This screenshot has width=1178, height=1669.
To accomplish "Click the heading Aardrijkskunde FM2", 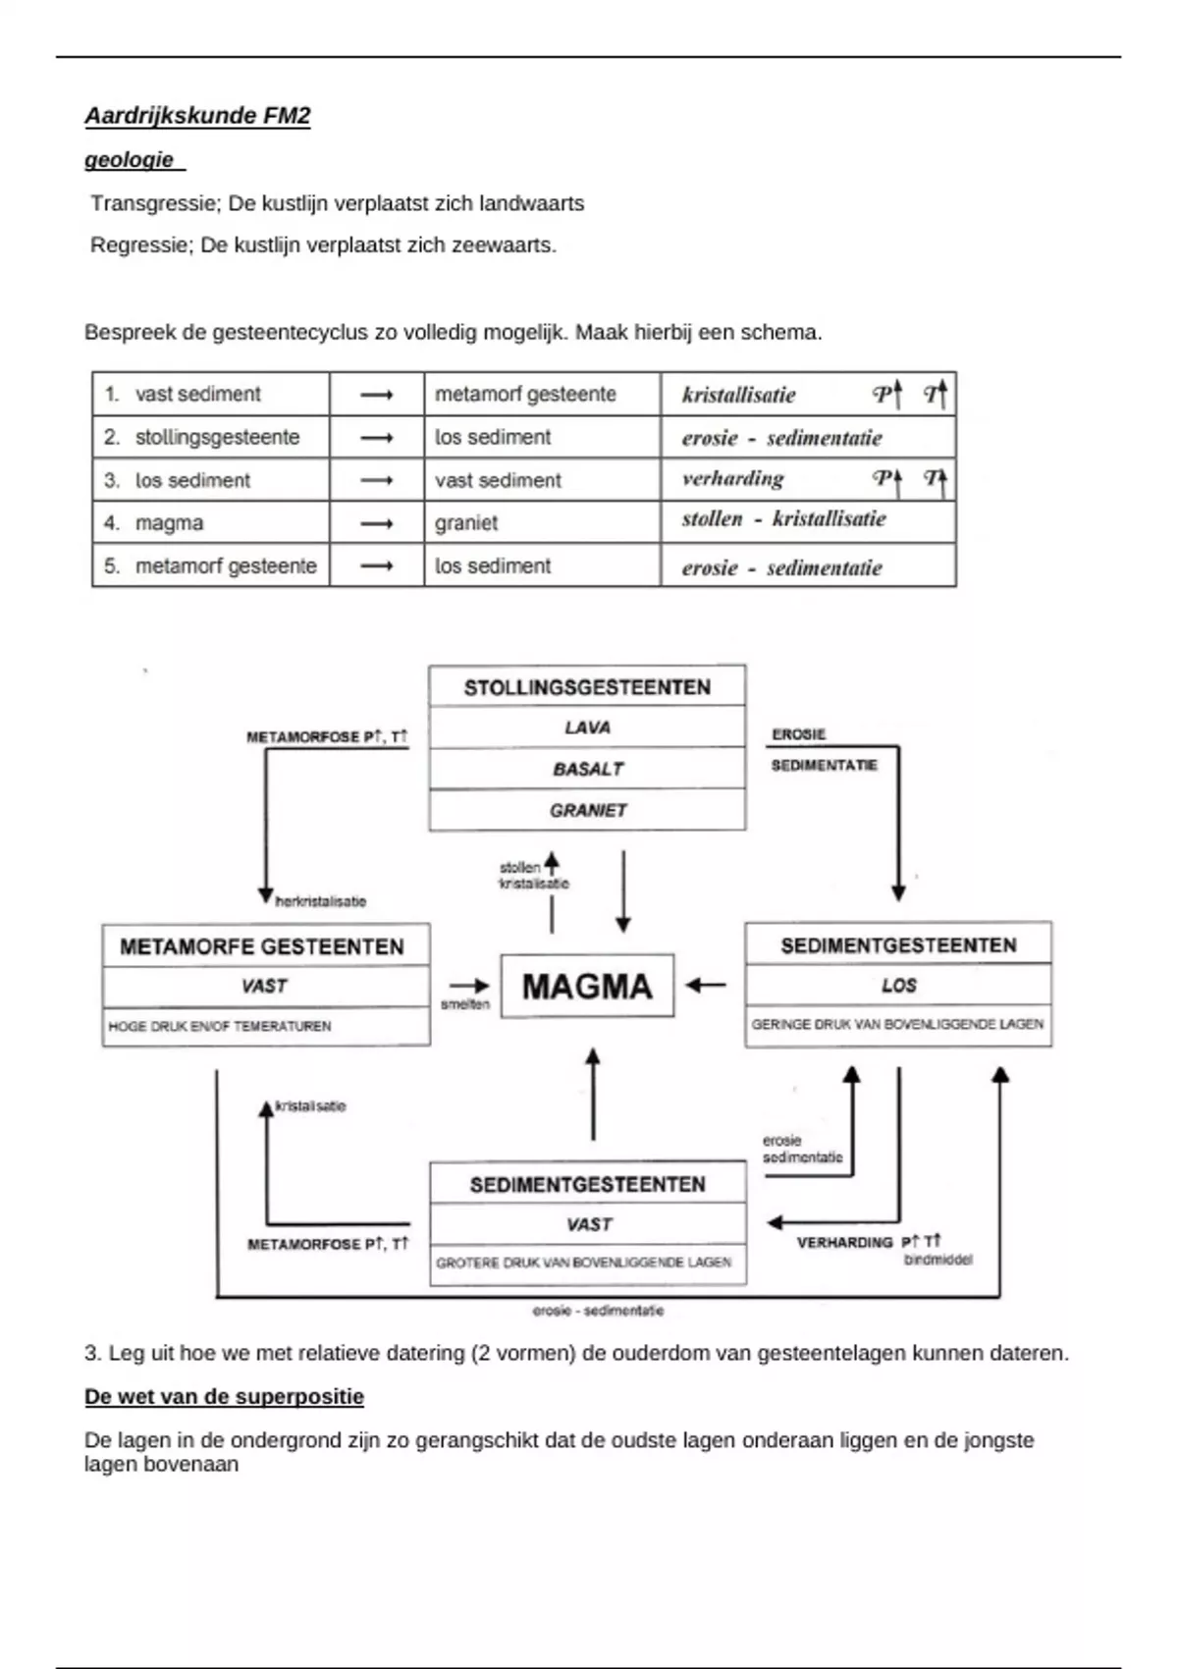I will pos(197,116).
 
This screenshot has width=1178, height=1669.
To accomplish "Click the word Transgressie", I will pos(152,203).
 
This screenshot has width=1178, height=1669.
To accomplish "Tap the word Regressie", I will pos(141,244).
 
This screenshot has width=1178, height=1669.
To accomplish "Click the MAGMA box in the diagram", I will pos(587,986).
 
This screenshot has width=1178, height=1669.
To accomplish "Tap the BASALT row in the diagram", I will pos(587,769).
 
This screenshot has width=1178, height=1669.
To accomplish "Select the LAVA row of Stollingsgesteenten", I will pos(587,727).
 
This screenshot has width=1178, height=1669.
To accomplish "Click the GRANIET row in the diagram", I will pos(587,810).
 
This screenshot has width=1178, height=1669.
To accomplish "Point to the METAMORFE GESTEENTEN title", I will pos(262,946).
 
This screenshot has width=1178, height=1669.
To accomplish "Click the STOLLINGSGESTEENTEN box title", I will pos(587,687).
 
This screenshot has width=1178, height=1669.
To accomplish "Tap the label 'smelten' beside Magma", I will pos(465,1005).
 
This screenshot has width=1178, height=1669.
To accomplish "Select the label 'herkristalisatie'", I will pos(321,901).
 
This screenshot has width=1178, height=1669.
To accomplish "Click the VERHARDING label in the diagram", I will pos(845,1243).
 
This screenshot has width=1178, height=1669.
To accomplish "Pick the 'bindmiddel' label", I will pos(937,1260).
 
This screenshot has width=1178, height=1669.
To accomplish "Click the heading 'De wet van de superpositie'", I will pos(224,1397).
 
